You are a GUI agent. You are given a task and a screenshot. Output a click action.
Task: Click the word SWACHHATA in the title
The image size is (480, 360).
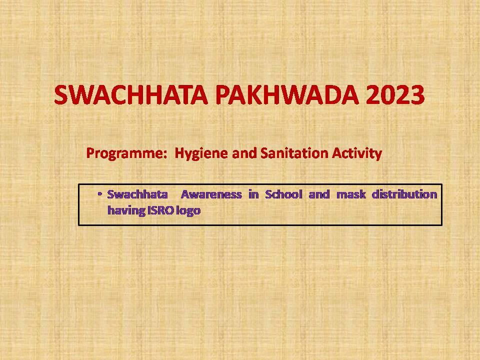(x=131, y=95)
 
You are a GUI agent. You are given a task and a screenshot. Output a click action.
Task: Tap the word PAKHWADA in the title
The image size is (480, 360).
(x=287, y=95)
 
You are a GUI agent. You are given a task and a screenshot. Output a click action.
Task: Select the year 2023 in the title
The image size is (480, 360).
(x=395, y=95)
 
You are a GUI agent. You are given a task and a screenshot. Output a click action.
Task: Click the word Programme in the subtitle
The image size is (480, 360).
(x=124, y=153)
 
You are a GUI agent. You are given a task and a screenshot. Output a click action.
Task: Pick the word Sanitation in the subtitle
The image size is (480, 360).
(x=294, y=153)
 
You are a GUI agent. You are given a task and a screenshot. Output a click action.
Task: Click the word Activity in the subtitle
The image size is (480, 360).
(x=357, y=153)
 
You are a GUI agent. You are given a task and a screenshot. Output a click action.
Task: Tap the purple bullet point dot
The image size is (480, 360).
(x=100, y=194)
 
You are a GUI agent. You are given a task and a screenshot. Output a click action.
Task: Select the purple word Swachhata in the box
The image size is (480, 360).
(x=137, y=194)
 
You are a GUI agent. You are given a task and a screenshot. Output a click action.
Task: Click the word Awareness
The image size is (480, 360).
(x=211, y=194)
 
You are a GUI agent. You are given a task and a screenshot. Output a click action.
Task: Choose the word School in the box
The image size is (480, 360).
(x=284, y=194)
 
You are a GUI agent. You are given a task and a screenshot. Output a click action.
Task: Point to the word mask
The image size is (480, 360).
(x=351, y=194)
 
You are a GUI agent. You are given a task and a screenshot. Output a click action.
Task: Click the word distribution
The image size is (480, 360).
(x=404, y=194)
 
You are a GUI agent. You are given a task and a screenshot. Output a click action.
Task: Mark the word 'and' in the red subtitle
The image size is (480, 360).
(x=244, y=153)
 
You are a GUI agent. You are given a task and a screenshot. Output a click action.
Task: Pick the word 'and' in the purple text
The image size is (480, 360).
(x=319, y=194)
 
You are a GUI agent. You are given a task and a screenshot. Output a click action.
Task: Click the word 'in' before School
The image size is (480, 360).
(x=253, y=194)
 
